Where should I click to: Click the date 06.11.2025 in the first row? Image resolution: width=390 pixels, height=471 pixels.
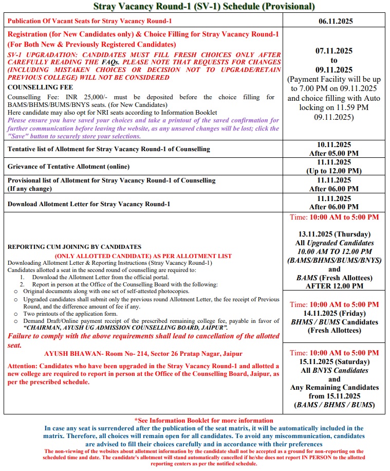tap(334, 22)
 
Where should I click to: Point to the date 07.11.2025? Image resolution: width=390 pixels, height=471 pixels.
tap(334, 51)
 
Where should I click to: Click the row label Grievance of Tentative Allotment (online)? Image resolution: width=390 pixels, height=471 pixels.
tap(68, 167)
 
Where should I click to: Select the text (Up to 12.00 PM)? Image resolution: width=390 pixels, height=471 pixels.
tap(334, 171)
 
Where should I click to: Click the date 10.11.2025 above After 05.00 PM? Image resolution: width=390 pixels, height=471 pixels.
tap(334, 144)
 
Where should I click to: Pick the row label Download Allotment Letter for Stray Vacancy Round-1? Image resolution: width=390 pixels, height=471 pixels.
tap(88, 204)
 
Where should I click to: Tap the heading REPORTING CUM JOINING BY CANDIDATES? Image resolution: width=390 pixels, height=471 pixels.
tap(75, 247)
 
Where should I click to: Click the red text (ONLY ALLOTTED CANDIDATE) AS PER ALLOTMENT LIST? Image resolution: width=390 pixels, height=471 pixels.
tap(143, 256)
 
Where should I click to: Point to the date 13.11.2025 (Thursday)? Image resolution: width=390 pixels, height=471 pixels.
tap(334, 234)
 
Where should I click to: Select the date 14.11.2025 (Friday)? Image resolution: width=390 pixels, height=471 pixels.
tap(334, 313)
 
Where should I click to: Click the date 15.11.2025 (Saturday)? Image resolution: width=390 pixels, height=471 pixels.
tap(334, 361)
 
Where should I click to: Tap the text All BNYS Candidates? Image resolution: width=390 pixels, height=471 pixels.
tap(334, 370)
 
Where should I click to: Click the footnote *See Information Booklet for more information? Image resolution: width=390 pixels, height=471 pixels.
tap(203, 421)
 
